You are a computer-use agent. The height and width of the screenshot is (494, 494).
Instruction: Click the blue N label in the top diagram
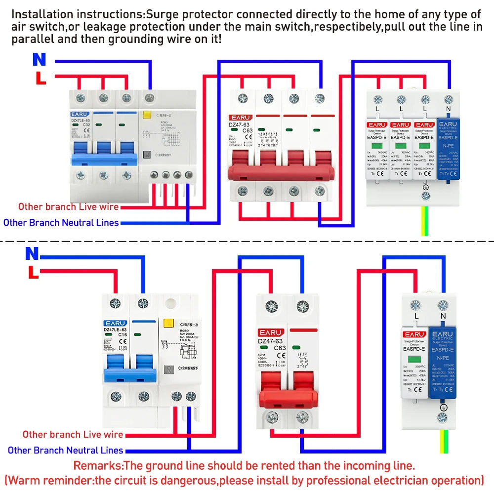tap(39, 60)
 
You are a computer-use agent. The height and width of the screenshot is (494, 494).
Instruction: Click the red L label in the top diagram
tap(40, 78)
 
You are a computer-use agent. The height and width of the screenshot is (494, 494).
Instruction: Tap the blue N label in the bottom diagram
tap(32, 254)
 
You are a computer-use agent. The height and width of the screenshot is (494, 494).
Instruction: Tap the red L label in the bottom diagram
tap(33, 272)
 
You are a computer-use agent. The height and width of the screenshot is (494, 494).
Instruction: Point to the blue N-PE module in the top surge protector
tap(449, 148)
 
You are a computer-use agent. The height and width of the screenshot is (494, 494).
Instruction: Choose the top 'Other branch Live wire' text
tap(68, 206)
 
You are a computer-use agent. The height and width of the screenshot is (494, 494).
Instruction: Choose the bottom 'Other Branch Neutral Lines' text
tap(65, 450)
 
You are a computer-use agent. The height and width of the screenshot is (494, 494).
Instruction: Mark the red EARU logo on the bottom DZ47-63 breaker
tap(271, 332)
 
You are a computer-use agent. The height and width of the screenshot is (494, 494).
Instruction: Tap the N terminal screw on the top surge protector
tap(449, 99)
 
